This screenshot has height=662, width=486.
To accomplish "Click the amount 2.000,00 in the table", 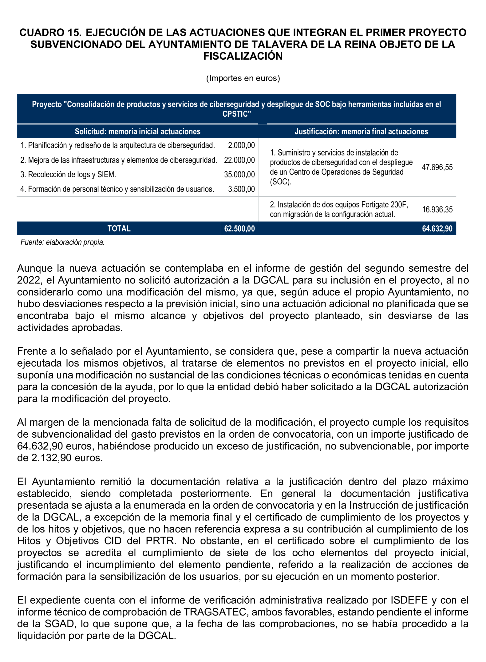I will coord(241,145).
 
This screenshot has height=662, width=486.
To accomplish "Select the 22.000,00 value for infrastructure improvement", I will coord(239,160).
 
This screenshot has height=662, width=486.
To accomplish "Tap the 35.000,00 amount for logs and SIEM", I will coord(239,175).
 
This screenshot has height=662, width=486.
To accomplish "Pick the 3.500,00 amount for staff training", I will coord(241,189).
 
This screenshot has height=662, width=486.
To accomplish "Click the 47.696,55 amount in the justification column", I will coord(437,167).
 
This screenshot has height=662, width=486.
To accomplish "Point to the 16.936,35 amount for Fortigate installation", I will coord(437,209).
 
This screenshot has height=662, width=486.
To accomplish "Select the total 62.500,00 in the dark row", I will coord(239,229).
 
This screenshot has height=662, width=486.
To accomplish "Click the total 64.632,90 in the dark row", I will coord(437,229).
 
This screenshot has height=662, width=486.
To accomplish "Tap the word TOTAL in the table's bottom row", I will coord(119,229).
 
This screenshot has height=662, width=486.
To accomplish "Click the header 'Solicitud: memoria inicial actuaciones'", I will coord(137,131).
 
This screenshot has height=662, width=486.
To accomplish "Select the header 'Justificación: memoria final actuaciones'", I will coord(361,131).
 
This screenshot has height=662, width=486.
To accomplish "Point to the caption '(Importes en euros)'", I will coord(243,78).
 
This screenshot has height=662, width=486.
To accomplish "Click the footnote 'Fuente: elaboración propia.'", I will coord(62,242).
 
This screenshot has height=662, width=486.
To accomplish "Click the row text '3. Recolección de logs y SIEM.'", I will coord(68,175).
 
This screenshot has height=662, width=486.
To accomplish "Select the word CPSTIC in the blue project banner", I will coord(236,114).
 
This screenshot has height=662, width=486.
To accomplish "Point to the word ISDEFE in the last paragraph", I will coord(409,600).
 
